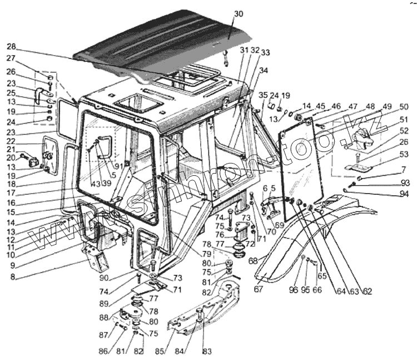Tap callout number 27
click(12, 57)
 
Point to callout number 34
click(263, 70)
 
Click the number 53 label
click(404, 154)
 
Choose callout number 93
click(404, 183)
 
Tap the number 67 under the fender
click(258, 288)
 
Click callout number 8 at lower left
click(12, 276)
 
